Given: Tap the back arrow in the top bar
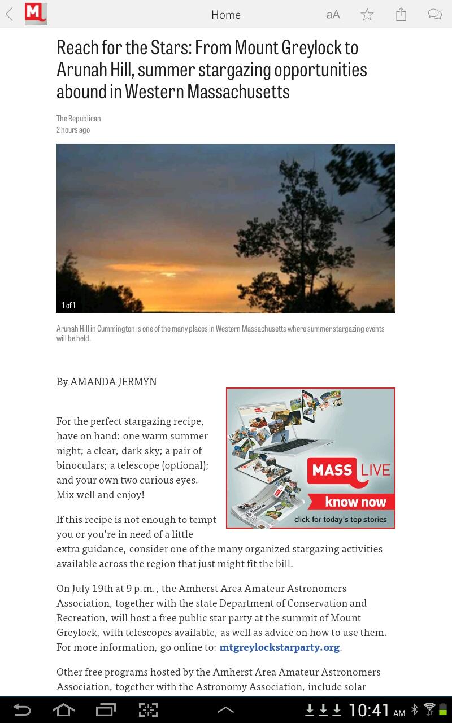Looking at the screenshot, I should [10, 15].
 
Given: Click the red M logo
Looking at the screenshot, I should [36, 14].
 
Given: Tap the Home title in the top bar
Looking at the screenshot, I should [226, 15].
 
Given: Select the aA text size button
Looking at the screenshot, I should [333, 15].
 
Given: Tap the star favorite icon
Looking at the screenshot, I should [367, 15].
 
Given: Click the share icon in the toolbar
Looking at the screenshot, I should [401, 15].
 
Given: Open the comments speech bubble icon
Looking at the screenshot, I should [434, 15].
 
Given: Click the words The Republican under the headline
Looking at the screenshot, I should [79, 119].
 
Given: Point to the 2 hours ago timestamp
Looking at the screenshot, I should [73, 130].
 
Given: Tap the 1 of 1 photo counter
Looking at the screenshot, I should [68, 306].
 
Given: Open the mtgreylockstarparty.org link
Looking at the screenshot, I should [280, 647].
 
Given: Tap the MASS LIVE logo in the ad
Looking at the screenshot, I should [349, 471].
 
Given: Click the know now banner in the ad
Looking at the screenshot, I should [355, 502].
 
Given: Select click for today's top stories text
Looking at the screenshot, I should [340, 520].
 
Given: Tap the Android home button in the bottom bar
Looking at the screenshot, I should [63, 710].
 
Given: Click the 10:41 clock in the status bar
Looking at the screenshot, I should [370, 710].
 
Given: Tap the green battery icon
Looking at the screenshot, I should [443, 709].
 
